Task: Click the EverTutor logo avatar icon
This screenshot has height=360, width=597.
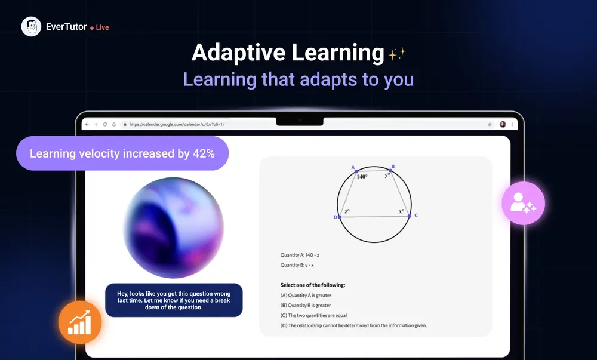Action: tap(31, 27)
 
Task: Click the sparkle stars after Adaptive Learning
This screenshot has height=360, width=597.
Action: tap(397, 54)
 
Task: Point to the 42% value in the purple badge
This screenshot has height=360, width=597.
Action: tap(204, 153)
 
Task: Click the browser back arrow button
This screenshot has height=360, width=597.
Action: tap(87, 124)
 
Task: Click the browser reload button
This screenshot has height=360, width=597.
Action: tap(105, 124)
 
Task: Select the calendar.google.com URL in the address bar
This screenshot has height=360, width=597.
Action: tap(176, 124)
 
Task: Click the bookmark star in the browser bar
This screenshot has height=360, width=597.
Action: tap(490, 124)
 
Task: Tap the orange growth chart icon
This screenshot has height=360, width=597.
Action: tap(79, 323)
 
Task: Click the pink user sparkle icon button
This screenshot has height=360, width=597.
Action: tap(523, 203)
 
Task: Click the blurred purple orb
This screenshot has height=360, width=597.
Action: tap(174, 227)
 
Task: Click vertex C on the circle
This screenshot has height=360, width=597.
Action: tap(410, 216)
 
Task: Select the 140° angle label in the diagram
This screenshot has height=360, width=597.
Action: tap(362, 177)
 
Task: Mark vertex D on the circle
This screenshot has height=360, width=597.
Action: tap(339, 217)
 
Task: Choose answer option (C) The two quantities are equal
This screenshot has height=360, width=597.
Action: tap(313, 315)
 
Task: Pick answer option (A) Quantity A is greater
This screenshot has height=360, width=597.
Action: tap(306, 295)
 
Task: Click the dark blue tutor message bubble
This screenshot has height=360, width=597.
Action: tap(174, 300)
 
